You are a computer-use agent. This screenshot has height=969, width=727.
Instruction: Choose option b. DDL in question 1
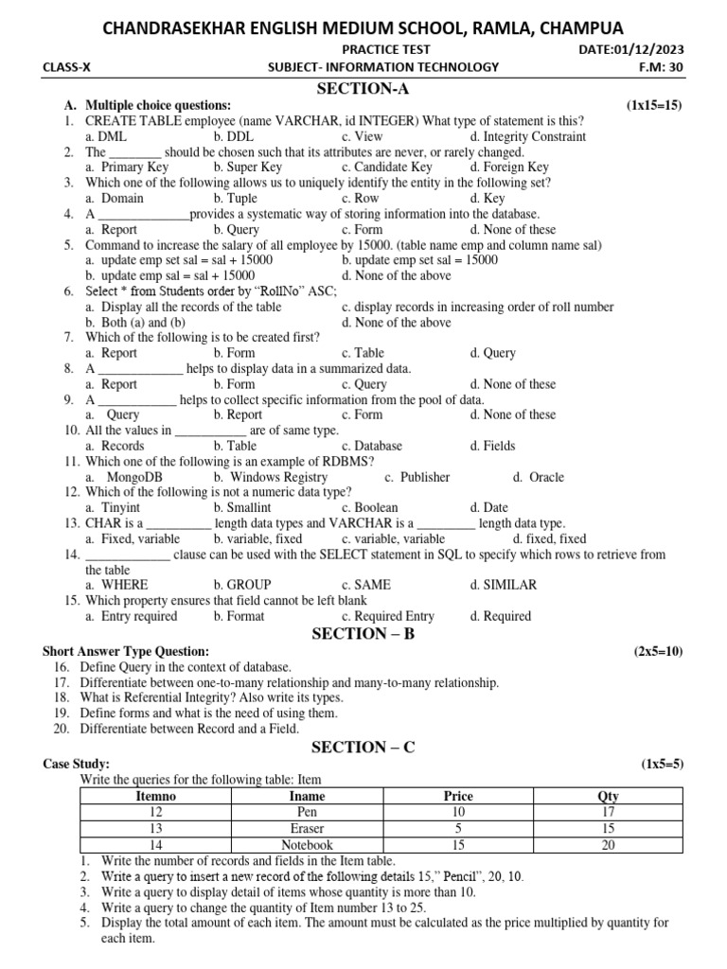(233, 136)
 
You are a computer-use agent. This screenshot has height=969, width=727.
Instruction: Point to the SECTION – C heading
(363, 747)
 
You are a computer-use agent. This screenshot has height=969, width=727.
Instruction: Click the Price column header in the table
(457, 796)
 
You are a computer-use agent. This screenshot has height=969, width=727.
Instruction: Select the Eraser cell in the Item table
(307, 828)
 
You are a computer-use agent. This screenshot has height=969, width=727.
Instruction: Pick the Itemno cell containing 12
(156, 812)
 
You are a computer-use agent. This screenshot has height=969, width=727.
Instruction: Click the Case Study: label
(77, 763)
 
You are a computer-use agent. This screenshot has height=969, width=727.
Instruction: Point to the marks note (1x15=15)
(653, 105)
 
